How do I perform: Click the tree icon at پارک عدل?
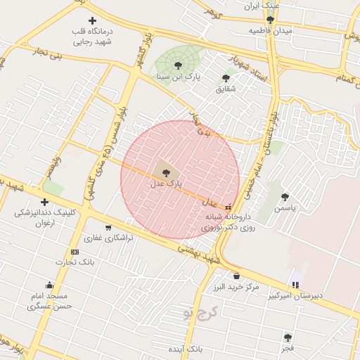[166, 172]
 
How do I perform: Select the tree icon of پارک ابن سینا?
[178, 65]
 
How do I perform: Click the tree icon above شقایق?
[226, 78]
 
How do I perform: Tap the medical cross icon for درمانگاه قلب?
[93, 21]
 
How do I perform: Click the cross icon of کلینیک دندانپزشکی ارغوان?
[44, 202]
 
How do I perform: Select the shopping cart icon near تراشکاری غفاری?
[108, 227]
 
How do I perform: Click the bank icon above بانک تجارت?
[75, 252]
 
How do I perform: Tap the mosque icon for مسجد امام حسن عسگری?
[49, 285]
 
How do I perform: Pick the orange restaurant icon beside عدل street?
[228, 207]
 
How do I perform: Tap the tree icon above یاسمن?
[285, 197]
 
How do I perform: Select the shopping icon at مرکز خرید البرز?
[236, 276]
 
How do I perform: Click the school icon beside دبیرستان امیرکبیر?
[295, 285]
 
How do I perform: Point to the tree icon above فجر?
[287, 337]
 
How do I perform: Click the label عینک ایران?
[262, 6]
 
